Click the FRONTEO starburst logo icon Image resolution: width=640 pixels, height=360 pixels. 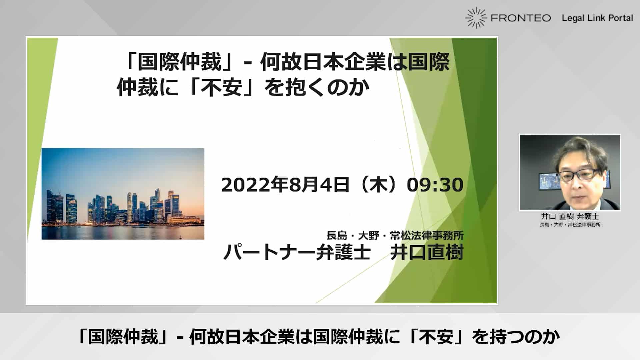point(476,18)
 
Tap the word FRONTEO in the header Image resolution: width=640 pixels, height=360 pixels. point(521,18)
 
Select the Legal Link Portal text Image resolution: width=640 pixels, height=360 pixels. point(597,18)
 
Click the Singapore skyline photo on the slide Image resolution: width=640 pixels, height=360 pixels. point(123,194)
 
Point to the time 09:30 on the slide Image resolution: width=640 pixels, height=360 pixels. point(435,185)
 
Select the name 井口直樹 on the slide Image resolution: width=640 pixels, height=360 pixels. point(427,252)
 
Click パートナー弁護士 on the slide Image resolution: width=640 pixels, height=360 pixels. point(297,252)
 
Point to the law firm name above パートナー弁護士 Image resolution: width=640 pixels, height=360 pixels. point(395,236)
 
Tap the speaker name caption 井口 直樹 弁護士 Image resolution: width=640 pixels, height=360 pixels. point(570,216)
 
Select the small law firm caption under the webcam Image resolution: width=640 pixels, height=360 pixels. point(570,225)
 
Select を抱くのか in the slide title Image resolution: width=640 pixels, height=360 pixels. point(317,87)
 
